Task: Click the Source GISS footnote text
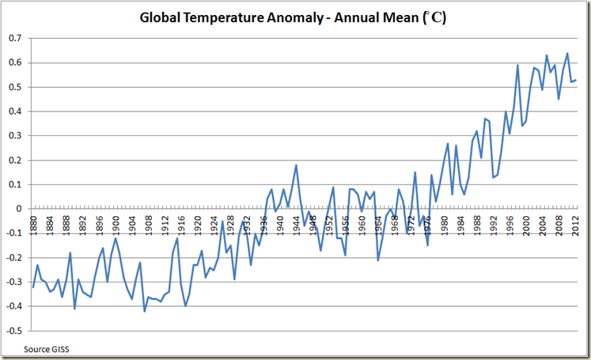[x=47, y=348]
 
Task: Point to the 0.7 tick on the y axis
[x=15, y=38]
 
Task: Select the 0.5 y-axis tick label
[x=15, y=87]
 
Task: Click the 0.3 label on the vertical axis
[x=15, y=136]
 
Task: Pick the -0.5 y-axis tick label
[x=13, y=331]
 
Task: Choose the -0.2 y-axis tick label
[x=13, y=258]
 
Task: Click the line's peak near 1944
[x=296, y=165]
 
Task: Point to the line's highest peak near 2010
[x=566, y=54]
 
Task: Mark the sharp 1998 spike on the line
[x=517, y=66]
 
